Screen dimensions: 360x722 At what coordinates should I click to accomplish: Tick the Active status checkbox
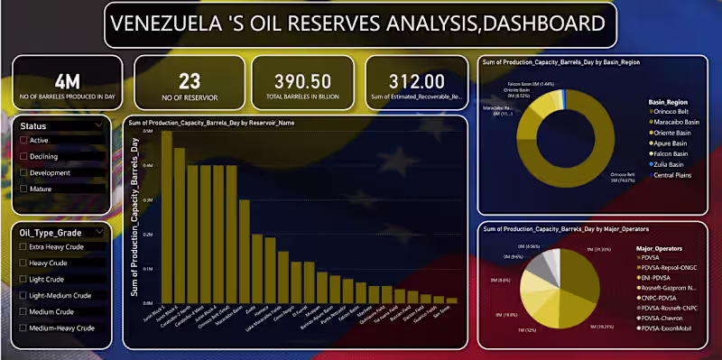pos(24,140)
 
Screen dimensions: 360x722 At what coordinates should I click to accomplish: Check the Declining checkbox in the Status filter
pos(24,156)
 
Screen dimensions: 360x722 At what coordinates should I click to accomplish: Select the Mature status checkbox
pos(24,189)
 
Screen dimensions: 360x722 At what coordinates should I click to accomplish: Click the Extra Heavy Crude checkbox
pos(24,246)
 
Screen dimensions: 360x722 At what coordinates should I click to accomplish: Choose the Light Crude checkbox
pos(24,279)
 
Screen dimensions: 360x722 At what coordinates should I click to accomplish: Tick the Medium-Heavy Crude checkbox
pos(24,328)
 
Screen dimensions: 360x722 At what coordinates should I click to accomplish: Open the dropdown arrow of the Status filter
pos(97,125)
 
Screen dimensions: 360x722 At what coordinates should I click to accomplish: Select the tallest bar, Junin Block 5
pos(166,217)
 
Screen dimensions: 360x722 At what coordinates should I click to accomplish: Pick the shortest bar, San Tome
pos(452,300)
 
